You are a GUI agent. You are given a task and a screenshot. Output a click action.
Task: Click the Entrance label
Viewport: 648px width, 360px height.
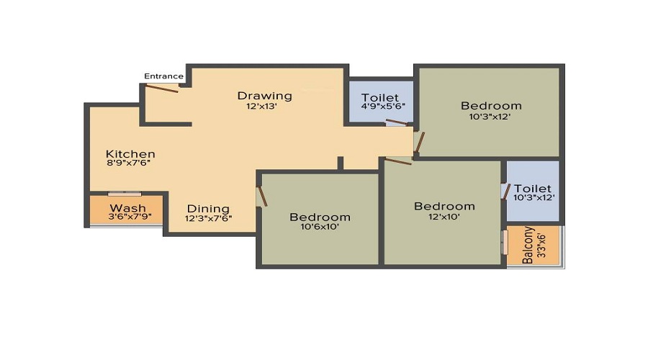[x=163, y=76]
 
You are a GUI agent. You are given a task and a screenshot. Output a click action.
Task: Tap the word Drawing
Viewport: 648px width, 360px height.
[x=265, y=96]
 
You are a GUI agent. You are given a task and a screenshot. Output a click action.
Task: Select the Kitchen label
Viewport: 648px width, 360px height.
[x=130, y=154]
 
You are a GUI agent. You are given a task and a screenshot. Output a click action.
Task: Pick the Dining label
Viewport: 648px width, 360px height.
[x=208, y=209]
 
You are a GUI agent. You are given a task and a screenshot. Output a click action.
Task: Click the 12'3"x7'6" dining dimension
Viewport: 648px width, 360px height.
[x=208, y=218]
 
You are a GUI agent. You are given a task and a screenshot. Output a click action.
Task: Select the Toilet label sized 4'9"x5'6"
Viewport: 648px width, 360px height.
[x=381, y=97]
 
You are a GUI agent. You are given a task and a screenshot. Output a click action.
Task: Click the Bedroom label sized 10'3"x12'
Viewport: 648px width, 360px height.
[x=491, y=106]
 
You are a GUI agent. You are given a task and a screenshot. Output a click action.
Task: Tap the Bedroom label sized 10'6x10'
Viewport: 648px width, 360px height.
[x=320, y=217]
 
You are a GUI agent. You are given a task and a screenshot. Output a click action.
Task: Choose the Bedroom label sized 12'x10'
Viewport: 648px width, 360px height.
[x=444, y=206]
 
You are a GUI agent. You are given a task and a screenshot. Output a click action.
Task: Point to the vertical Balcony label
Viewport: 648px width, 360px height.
[x=528, y=246]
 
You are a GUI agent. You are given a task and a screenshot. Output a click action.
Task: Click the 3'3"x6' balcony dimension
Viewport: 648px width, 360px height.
[x=541, y=246]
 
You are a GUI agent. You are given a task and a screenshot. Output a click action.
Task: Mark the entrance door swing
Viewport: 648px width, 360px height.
[x=162, y=89]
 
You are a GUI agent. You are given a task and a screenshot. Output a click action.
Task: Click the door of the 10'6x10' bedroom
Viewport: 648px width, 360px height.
[x=263, y=197]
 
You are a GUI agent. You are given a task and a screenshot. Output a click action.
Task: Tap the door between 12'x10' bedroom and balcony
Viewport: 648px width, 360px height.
[x=505, y=243]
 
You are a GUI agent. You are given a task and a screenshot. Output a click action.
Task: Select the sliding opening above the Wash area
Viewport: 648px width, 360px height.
[x=125, y=194]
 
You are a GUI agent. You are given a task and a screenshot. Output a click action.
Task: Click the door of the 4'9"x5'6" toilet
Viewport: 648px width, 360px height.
[x=396, y=122]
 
